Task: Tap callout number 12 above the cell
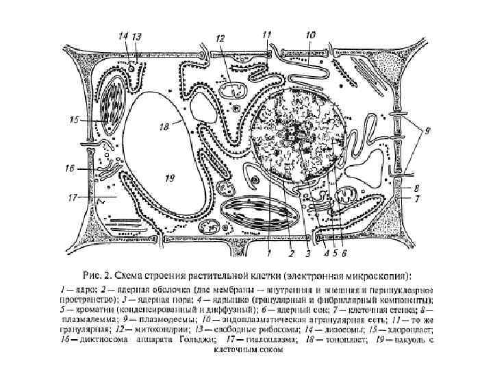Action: (x=220, y=39)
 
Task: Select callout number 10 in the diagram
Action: (x=310, y=34)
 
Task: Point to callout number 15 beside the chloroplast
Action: (x=75, y=120)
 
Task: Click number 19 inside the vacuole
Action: (x=170, y=177)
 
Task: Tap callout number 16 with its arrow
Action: (x=71, y=167)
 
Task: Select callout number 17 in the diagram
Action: (x=71, y=199)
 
